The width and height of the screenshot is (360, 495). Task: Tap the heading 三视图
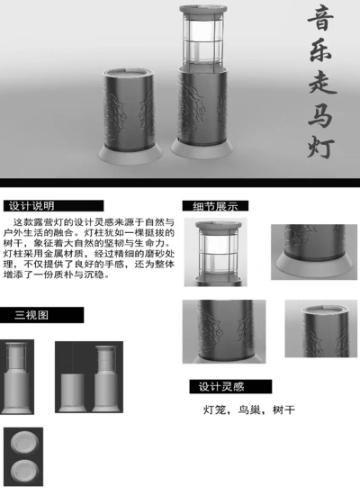pos(31,315)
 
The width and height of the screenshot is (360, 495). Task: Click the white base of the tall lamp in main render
pos(206,146)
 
